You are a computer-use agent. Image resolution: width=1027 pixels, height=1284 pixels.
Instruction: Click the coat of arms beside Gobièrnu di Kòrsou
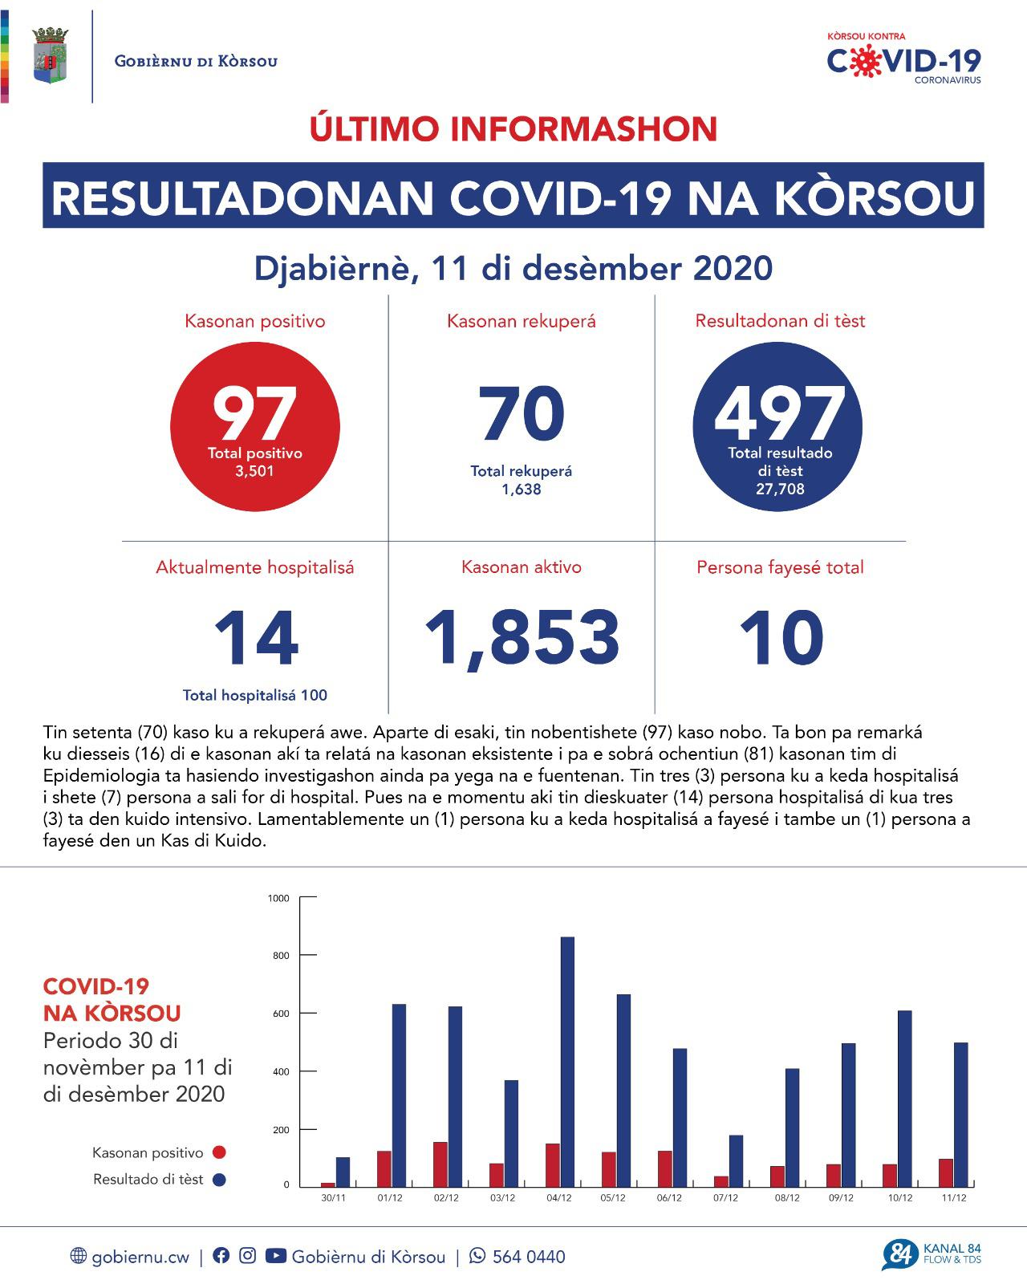(49, 55)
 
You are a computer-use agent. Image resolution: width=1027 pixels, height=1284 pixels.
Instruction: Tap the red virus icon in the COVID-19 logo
(863, 61)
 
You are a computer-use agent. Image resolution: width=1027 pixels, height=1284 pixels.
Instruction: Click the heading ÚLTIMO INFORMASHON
(513, 129)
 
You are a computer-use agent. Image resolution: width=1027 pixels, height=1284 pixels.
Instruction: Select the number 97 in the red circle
(255, 414)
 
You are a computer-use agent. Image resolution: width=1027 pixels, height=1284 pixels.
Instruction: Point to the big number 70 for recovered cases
(522, 414)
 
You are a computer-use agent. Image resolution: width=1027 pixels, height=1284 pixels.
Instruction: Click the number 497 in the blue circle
(779, 414)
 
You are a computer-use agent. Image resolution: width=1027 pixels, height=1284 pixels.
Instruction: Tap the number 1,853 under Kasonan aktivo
(522, 638)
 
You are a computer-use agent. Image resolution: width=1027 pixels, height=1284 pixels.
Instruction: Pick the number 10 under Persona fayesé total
(781, 638)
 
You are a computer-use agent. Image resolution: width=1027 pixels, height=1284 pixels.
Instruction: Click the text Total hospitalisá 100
(255, 695)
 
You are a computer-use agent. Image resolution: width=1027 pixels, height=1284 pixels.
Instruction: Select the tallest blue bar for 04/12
(566, 1059)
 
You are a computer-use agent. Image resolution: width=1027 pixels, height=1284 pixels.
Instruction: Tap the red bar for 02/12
(440, 1164)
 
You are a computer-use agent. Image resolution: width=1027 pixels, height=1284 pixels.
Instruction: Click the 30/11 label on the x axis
(334, 1197)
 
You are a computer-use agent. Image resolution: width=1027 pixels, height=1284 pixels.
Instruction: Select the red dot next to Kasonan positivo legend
(219, 1152)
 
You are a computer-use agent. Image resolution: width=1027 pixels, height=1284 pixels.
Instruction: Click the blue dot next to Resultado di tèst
(219, 1180)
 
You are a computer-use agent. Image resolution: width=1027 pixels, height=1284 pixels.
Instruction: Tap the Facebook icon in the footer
(221, 1256)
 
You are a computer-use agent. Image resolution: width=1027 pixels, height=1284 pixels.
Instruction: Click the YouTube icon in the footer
(275, 1256)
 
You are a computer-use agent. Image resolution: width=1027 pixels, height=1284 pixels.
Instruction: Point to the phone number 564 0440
(528, 1257)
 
